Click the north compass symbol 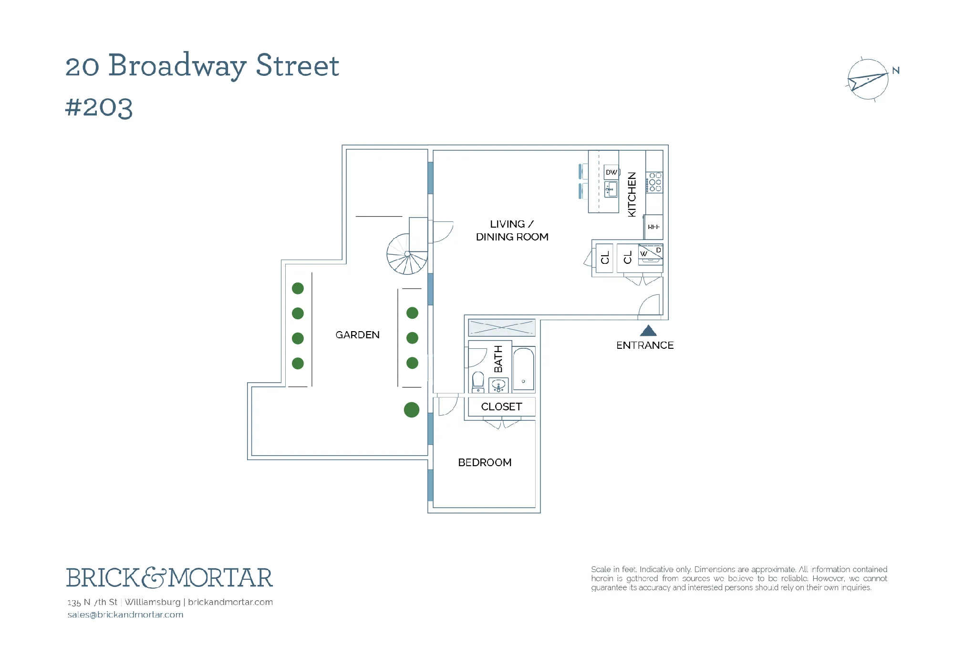point(868,80)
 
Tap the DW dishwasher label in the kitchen point(611,172)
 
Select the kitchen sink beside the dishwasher point(611,189)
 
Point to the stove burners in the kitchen point(655,182)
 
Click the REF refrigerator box point(653,227)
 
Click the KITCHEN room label point(632,194)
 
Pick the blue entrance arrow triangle point(648,330)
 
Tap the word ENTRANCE point(645,345)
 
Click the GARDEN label point(357,335)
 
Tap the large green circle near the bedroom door point(412,409)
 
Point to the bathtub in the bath point(524,370)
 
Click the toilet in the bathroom point(478,382)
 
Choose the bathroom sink point(498,385)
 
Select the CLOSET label point(501,407)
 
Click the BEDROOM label point(485,462)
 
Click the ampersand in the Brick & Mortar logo point(153,578)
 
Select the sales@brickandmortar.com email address point(125,615)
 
